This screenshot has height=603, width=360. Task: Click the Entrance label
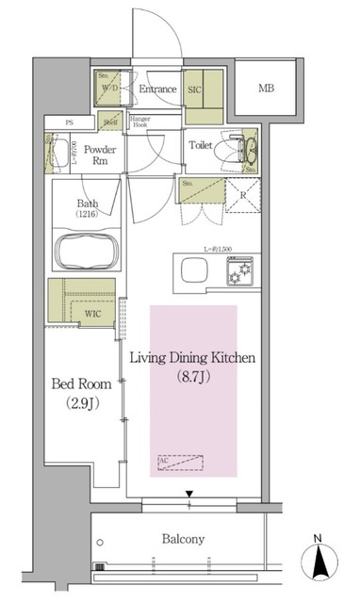pyautogui.click(x=157, y=90)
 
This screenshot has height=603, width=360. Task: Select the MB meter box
pyautogui.click(x=268, y=90)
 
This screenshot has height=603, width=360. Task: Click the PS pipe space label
pyautogui.click(x=69, y=122)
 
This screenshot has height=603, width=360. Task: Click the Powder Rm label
pyautogui.click(x=99, y=156)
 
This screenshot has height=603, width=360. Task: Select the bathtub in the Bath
pyautogui.click(x=87, y=253)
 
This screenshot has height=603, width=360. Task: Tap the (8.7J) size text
pyautogui.click(x=193, y=376)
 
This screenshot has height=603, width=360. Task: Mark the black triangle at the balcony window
pyautogui.click(x=190, y=493)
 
